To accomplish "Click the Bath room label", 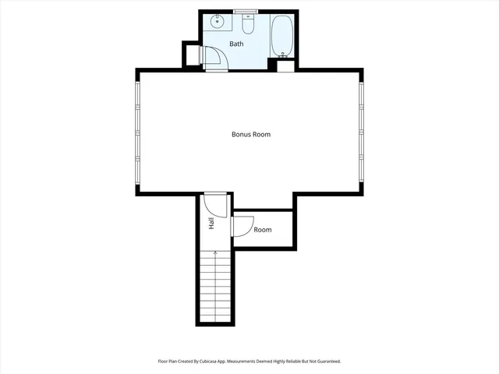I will point(236,44).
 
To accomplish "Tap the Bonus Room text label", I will point(251,135).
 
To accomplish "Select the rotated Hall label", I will point(211,224).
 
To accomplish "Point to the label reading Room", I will point(263,230).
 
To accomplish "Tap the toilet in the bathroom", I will point(248,26).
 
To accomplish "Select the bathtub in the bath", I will point(281,36).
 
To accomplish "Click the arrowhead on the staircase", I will point(215,252).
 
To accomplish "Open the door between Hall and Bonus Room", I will point(214,204).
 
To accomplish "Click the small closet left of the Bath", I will point(190,55).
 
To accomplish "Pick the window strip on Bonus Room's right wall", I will point(362,132).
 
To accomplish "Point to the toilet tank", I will point(247,20).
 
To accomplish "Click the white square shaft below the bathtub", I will point(285,65).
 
